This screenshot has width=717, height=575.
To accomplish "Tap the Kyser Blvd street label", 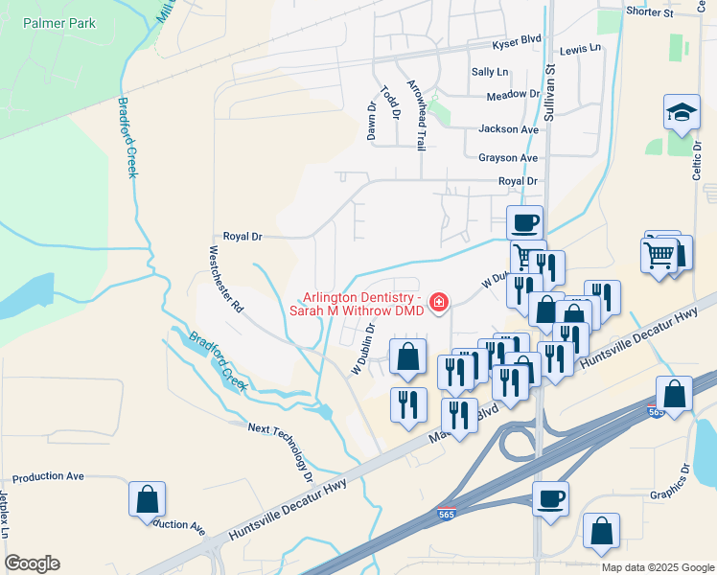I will click(x=517, y=38).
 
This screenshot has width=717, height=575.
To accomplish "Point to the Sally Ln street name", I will click(x=490, y=72).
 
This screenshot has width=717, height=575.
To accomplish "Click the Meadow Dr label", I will click(x=513, y=95).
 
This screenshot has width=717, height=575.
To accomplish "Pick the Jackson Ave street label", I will click(x=508, y=129).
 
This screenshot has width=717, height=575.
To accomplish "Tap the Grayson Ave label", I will click(x=508, y=158).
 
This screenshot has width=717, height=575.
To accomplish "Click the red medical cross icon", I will click(x=439, y=303).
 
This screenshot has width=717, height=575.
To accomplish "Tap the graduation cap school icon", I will click(x=682, y=113).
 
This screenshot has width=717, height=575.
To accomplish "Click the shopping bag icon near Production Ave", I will click(x=147, y=499).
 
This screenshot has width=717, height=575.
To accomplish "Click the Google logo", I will click(x=32, y=563).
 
